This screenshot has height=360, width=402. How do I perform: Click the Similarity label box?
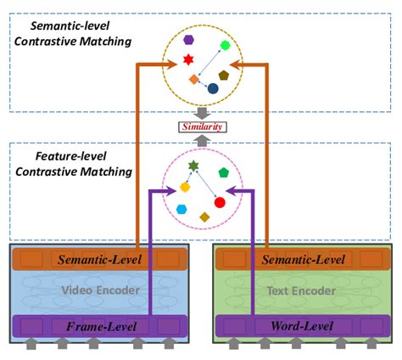coord(201,127)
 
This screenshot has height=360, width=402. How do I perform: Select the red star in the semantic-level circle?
coord(189,60)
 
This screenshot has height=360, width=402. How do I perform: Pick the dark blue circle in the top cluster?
coord(213,88)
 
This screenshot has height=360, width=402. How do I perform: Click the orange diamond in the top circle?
coord(193,80)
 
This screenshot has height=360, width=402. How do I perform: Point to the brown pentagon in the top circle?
coord(224,75)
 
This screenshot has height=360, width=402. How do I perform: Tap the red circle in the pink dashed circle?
coord(220,203)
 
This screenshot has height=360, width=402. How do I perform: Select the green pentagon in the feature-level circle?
coord(224,172)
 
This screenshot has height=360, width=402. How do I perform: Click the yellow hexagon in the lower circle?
coord(185,187)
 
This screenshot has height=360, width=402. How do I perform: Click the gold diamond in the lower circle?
coord(204,217)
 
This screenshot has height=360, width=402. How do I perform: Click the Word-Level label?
coord(298,325)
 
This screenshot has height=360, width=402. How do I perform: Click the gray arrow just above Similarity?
coord(201,112)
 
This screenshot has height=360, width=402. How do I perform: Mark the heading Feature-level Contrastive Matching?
coord(71,165)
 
